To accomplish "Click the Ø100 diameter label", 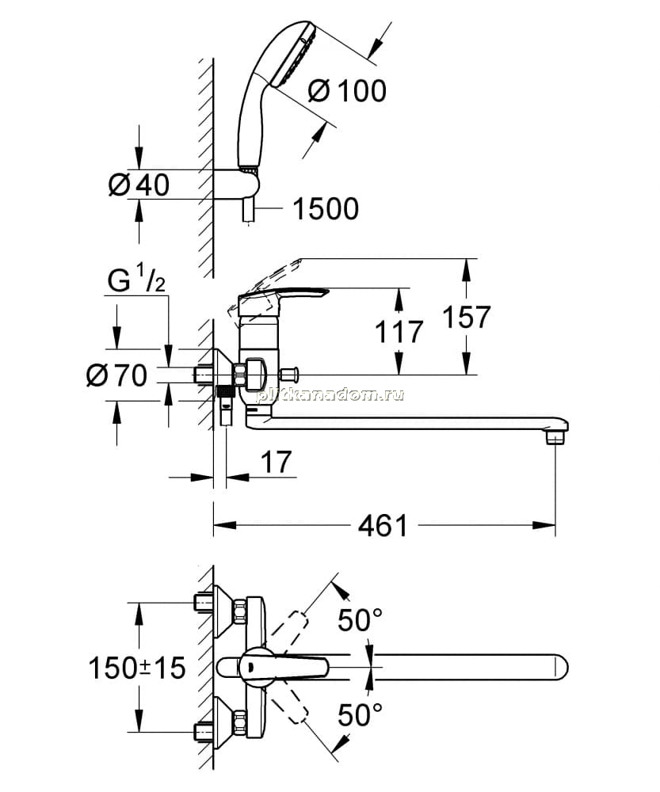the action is [347, 91].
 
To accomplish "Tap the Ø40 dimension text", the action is [139, 185].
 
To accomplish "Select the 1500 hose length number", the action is [326, 208].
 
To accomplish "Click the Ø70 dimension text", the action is [116, 375].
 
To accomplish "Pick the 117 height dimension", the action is [399, 333].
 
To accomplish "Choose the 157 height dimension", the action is [467, 318].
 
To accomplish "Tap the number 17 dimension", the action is [277, 462].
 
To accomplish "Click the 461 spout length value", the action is [383, 526].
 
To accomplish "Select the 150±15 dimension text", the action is [137, 668].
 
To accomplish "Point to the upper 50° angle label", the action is [360, 620].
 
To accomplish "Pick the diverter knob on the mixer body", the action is [290, 375].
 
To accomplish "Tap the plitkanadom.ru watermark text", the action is [330, 394].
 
